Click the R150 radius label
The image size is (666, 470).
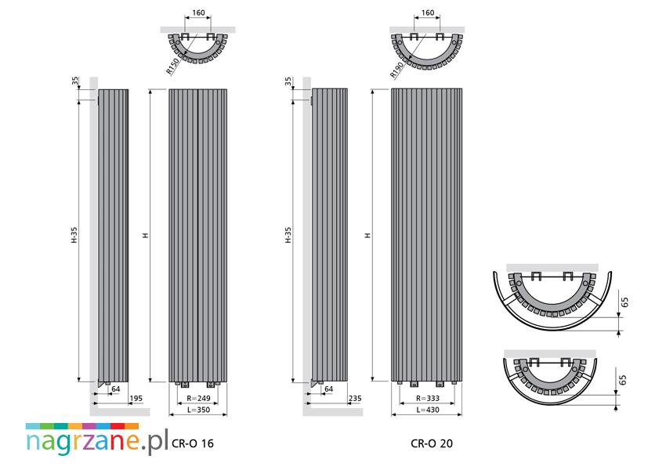coord(173,66)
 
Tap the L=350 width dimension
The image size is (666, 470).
coord(197,410)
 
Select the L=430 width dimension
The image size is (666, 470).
coord(428,410)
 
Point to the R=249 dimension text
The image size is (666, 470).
coord(199,399)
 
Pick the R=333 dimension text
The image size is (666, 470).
coord(428,399)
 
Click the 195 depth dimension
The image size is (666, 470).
coord(136,399)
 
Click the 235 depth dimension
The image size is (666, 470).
coord(355,399)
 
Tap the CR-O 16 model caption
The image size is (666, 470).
coord(193,443)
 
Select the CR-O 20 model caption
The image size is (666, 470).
coord(432,443)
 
